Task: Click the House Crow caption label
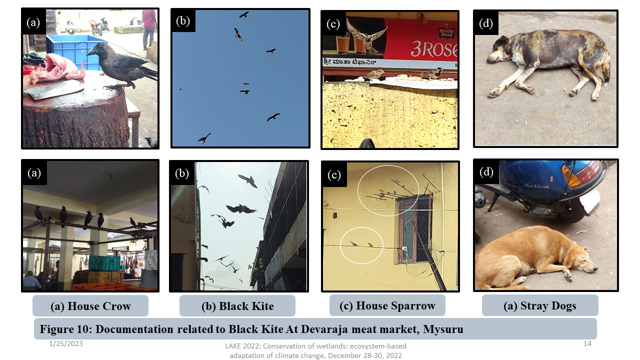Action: point(90,306)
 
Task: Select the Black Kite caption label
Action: point(237,306)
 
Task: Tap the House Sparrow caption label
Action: point(387,305)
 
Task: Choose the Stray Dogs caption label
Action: point(540,305)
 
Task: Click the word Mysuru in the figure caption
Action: point(443,329)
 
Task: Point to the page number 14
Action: point(587,343)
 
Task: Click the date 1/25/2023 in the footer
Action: point(66,343)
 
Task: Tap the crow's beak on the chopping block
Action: point(91,51)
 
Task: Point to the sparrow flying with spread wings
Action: point(366,35)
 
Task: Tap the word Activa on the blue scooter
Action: point(536,186)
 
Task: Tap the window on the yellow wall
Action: point(415,228)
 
